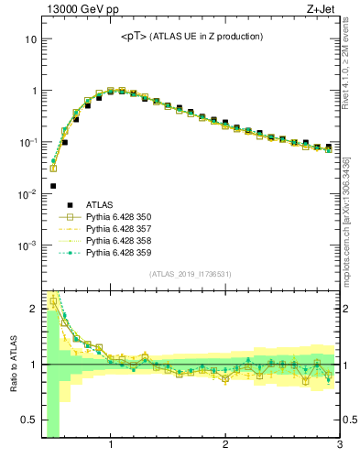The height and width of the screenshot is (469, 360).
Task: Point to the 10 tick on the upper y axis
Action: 30,40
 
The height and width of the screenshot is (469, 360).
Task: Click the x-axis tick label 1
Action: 111,446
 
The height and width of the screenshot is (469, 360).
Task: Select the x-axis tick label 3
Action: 339,446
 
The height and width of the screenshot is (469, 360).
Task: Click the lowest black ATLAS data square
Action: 53,186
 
